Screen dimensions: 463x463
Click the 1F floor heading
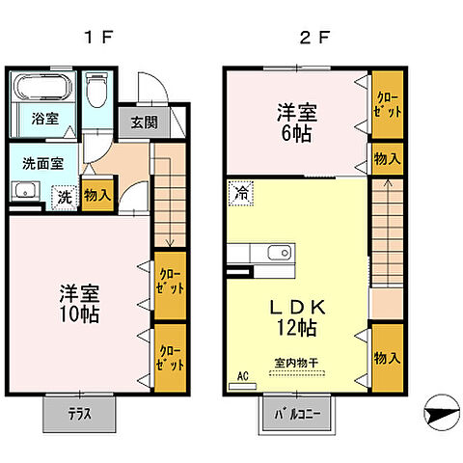pyautogui.click(x=99, y=40)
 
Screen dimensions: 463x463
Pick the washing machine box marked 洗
pyautogui.click(x=64, y=196)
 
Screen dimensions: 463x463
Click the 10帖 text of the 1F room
pyautogui.click(x=80, y=315)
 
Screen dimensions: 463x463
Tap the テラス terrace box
pyautogui.click(x=79, y=414)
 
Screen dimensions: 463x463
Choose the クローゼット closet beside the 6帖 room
pyautogui.click(x=389, y=107)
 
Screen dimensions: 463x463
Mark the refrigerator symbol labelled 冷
pyautogui.click(x=240, y=192)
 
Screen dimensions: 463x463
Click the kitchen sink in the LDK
pyautogui.click(x=275, y=254)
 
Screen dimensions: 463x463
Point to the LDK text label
pyautogui.click(x=298, y=307)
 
